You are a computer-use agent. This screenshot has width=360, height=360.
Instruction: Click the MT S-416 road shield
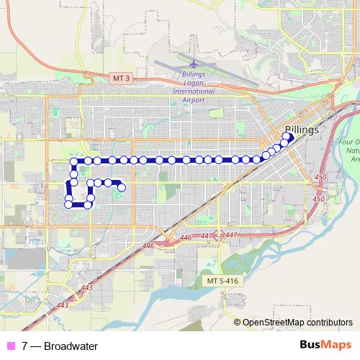pos(221,279)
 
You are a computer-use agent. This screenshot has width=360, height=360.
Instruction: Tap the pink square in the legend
pos(11,346)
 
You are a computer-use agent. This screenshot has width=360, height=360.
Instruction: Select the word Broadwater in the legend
pos(71,346)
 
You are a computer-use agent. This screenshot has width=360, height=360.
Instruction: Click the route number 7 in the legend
pos(24,346)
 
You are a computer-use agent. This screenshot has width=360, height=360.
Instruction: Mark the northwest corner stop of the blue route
pos(73,161)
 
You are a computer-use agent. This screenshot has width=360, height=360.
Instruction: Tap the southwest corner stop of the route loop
pos(69,204)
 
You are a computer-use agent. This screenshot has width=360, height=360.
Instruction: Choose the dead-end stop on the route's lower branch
pos(122,188)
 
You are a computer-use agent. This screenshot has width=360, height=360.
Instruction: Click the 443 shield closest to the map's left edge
pos(62,306)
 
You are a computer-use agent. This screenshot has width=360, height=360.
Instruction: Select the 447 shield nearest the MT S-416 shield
pos(231,235)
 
